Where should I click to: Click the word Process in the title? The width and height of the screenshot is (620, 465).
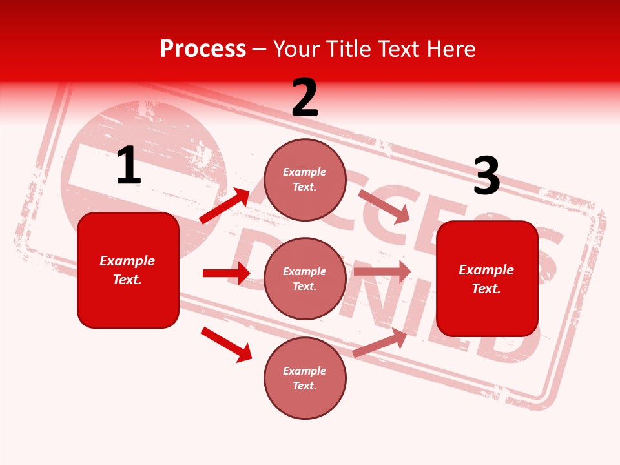click(x=203, y=49)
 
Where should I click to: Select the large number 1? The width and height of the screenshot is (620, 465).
click(x=129, y=166)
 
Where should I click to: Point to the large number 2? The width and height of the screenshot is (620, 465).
click(x=305, y=98)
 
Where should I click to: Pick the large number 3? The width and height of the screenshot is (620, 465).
click(x=486, y=176)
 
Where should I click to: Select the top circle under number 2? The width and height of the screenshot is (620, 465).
click(x=305, y=180)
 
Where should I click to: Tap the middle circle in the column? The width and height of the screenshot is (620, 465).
click(x=305, y=279)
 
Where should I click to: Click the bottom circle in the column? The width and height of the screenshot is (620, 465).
click(x=305, y=378)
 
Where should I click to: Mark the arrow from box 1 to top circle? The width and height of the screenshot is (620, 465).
click(x=224, y=206)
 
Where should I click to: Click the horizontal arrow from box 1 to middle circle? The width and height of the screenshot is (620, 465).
click(x=226, y=273)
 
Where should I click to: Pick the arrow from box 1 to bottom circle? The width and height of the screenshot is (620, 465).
click(x=226, y=344)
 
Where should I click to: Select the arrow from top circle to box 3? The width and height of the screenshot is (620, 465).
click(x=384, y=206)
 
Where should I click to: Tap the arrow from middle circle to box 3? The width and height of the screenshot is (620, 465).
click(x=382, y=272)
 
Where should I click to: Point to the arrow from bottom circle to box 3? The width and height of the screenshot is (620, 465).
click(x=380, y=343)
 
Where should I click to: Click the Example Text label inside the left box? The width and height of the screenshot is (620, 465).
click(x=127, y=270)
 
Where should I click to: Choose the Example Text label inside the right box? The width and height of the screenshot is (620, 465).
click(x=486, y=279)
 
